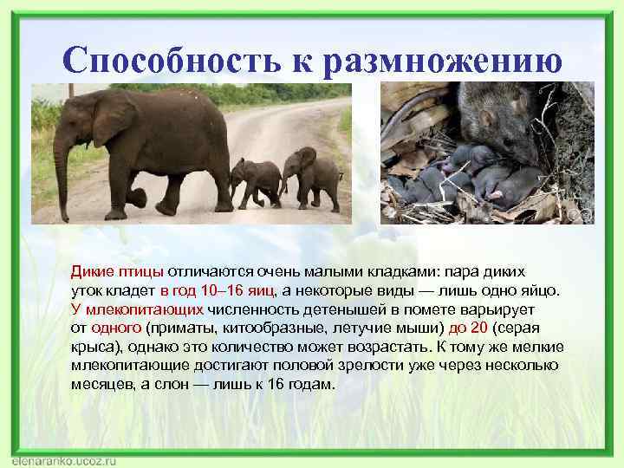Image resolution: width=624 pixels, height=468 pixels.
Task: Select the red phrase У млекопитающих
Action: (137, 309)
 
